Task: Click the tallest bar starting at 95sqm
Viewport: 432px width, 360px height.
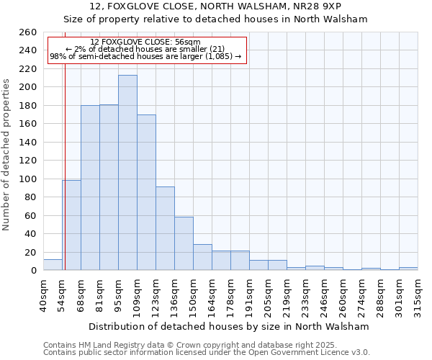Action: (x=127, y=173)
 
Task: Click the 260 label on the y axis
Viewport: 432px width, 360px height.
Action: (x=27, y=32)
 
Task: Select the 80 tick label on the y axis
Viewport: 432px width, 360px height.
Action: (x=30, y=197)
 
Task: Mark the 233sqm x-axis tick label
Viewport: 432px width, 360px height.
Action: (x=305, y=294)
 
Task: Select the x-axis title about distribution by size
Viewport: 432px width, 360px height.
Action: (x=230, y=326)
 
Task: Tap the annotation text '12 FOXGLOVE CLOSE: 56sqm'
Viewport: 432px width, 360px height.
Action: (x=145, y=42)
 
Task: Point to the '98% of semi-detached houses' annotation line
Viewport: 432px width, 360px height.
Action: (x=145, y=56)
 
